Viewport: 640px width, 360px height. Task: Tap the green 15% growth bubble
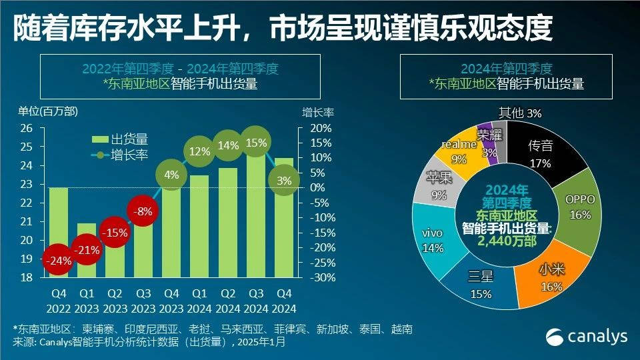256,142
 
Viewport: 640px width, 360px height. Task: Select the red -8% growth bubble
143,212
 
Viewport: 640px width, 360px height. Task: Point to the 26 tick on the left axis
26,128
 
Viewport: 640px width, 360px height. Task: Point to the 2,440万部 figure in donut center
507,241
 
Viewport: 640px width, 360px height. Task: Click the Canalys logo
587,336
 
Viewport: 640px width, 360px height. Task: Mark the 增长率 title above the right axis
315,111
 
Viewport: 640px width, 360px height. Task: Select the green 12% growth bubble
199,151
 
